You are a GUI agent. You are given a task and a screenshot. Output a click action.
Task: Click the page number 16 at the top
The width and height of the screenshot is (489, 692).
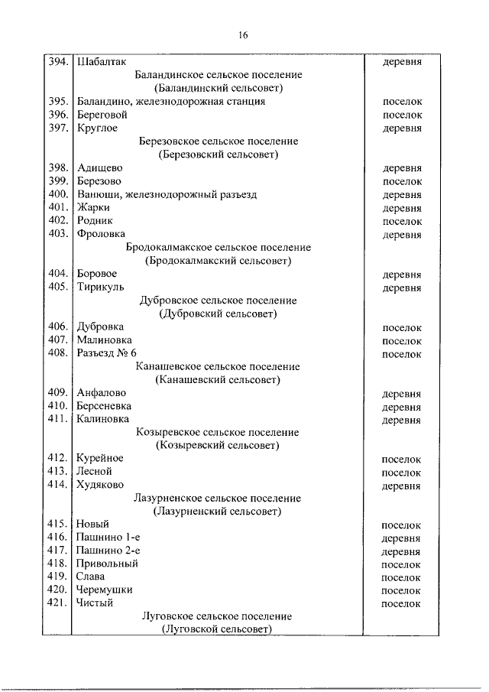pos(244,35)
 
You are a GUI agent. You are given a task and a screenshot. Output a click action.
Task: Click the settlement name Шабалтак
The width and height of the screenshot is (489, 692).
pos(102,62)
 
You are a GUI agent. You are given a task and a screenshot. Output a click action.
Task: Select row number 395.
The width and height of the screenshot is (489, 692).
pos(58,102)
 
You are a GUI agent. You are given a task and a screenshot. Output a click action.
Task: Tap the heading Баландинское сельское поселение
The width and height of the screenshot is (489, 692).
pos(218,75)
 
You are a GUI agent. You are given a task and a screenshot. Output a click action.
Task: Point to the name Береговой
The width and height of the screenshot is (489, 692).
pos(102,115)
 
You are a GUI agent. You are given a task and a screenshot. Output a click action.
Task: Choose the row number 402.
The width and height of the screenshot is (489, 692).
pos(58,221)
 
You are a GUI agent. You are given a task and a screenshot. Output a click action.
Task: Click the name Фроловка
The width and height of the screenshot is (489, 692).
pos(102,234)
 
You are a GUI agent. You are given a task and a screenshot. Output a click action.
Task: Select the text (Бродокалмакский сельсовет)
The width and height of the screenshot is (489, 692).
pos(218,261)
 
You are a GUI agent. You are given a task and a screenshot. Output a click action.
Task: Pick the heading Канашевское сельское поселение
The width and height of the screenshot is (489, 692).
pos(218,366)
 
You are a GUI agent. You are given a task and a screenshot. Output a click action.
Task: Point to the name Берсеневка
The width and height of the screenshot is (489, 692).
pos(104,406)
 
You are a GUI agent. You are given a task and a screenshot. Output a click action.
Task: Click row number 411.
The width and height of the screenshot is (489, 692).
pos(58,419)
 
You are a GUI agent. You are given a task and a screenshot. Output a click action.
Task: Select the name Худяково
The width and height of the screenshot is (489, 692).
pos(101,485)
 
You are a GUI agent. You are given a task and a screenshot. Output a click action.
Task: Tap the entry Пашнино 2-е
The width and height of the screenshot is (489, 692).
pos(109,551)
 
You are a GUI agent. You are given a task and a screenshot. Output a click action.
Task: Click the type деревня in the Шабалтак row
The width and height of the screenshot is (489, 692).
pos(402,62)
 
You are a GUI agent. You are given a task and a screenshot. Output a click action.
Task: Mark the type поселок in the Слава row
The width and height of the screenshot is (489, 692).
pos(402,577)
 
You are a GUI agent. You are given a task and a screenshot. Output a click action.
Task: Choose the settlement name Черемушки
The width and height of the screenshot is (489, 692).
pos(105,590)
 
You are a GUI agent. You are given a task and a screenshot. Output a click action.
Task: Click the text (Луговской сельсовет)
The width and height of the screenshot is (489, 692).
pos(218,629)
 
